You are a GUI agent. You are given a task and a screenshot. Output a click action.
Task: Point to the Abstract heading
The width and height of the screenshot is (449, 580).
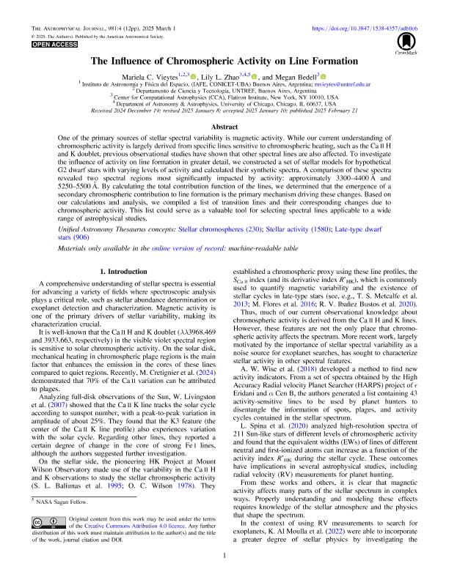point(224,125)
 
